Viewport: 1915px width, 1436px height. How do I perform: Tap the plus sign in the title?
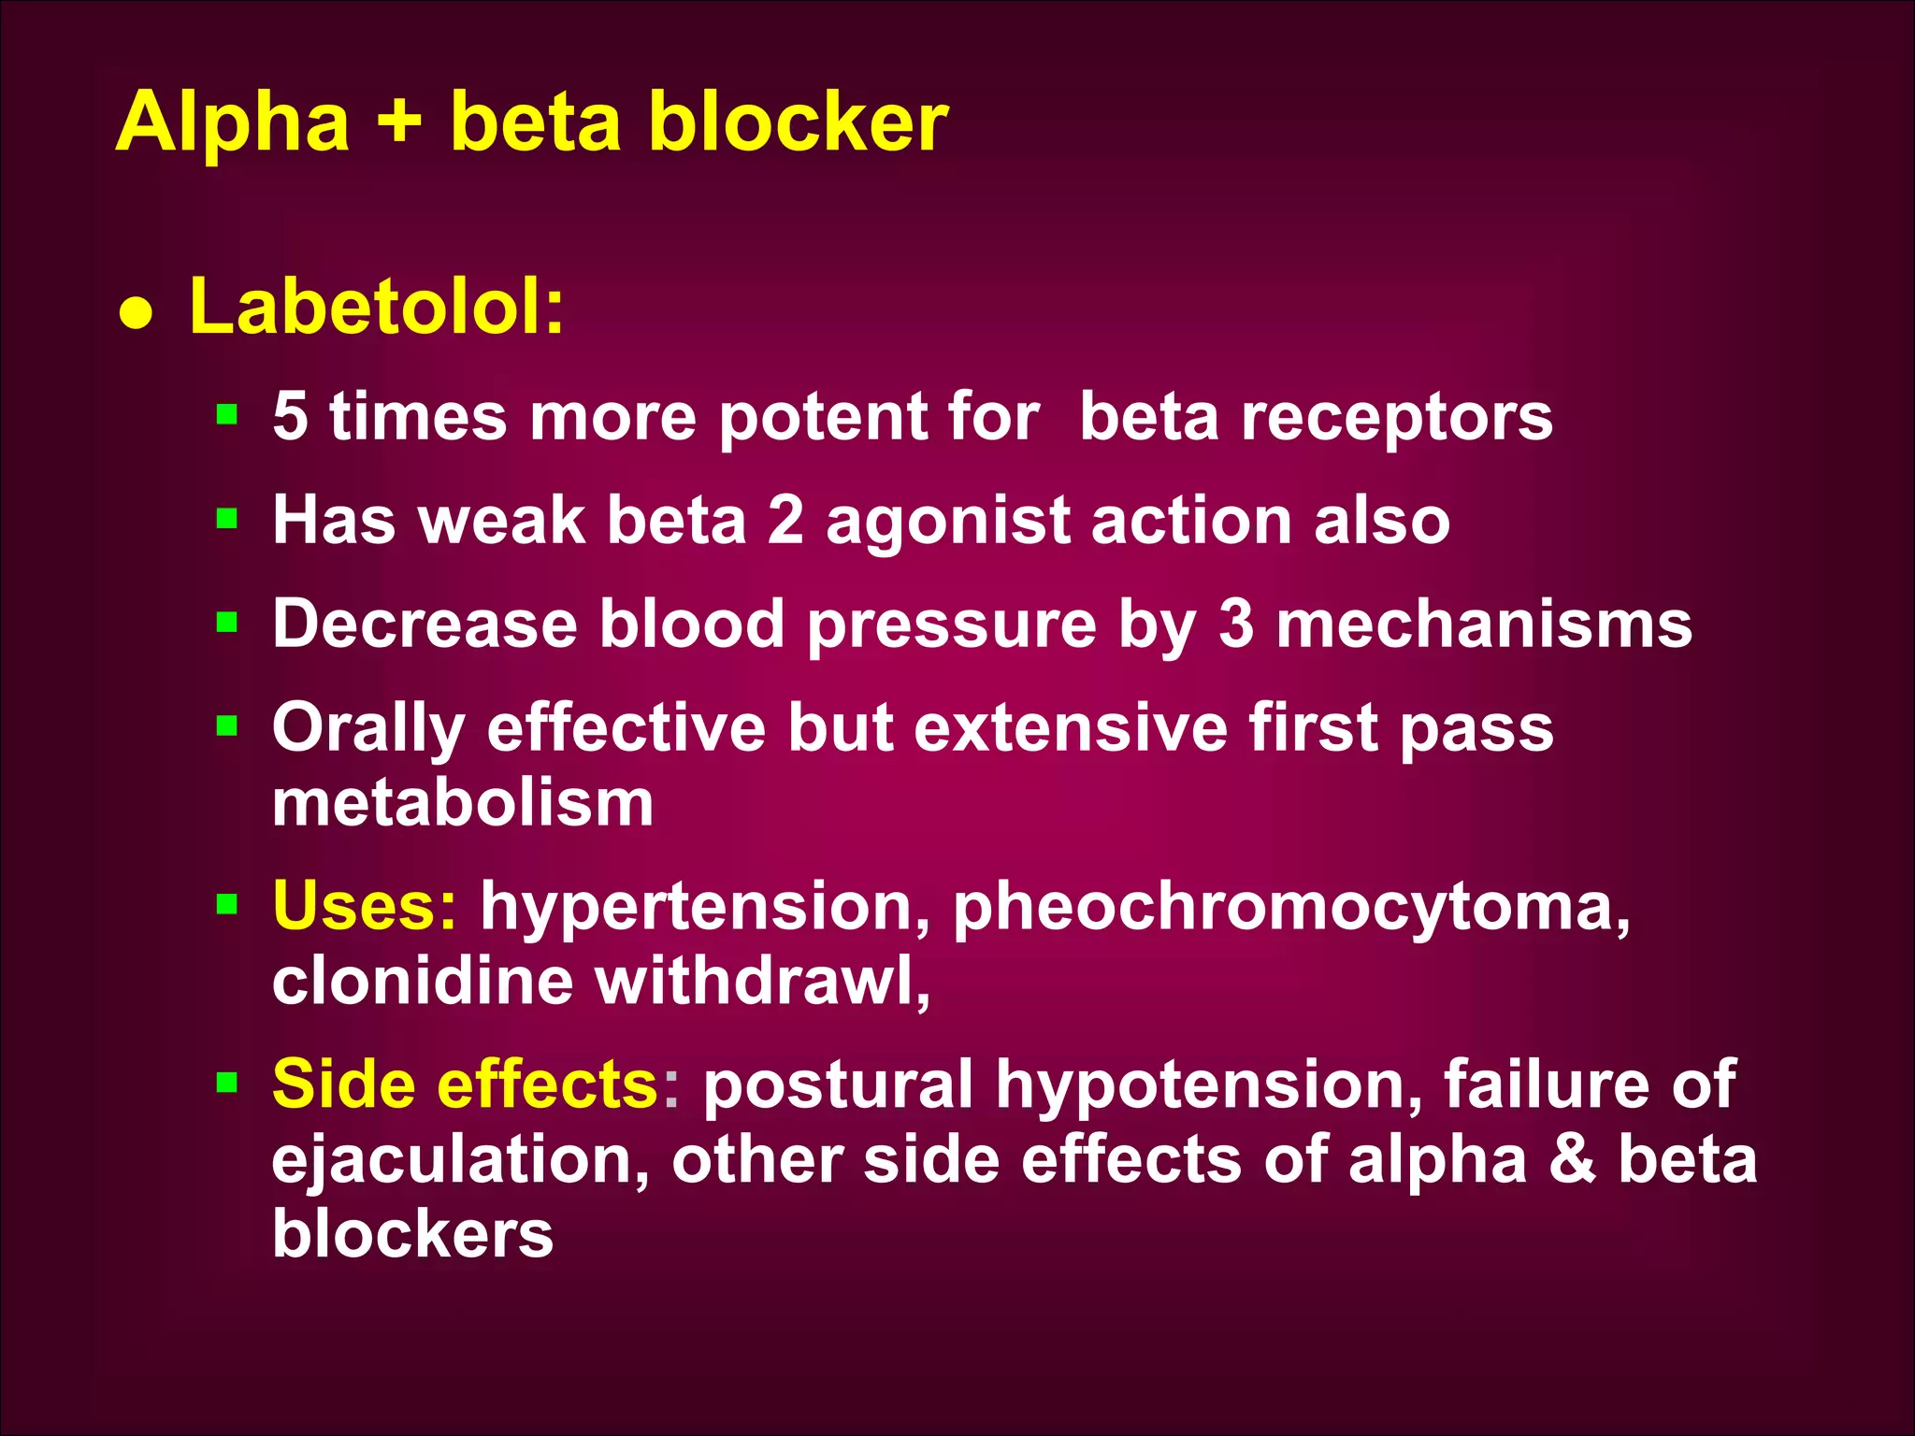click(400, 123)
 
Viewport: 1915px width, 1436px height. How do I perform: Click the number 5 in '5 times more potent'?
click(290, 416)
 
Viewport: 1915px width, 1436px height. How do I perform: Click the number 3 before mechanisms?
click(1235, 624)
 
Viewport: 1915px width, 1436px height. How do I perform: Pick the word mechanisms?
click(1484, 624)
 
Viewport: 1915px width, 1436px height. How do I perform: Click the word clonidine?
click(423, 981)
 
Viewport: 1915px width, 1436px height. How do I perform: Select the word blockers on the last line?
click(412, 1233)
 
